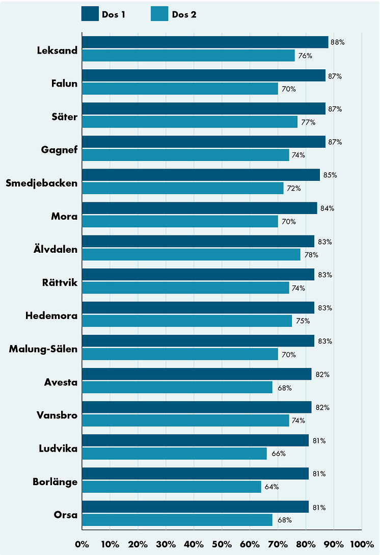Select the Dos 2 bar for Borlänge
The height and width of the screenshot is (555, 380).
[x=172, y=487]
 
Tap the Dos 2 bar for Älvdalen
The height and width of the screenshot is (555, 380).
[x=191, y=254]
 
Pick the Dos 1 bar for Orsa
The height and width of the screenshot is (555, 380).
[x=195, y=507]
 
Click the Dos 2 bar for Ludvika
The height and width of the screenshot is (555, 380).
[x=174, y=454]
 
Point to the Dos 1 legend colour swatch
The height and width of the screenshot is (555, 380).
[x=90, y=14]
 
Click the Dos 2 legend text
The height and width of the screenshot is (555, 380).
[x=184, y=14]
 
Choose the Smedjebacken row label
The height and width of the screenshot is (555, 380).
[x=41, y=183]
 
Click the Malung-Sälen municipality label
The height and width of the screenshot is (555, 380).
[x=43, y=349]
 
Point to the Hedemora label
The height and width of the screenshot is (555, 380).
[x=51, y=316]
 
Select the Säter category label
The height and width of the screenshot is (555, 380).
[x=65, y=117]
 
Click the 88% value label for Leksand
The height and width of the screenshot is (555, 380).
[x=338, y=42]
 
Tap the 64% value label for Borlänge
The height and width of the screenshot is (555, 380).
[x=272, y=487]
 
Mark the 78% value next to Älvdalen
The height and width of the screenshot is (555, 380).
[x=311, y=254]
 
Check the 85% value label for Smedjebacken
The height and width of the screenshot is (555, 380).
[x=330, y=175]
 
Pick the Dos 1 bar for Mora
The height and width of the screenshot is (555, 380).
[x=199, y=208]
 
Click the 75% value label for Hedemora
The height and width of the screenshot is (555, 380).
[x=303, y=321]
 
